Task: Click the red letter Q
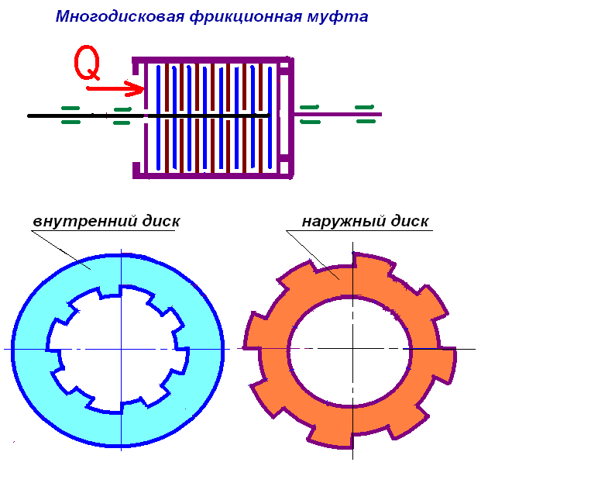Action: (88, 64)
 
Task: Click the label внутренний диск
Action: (106, 221)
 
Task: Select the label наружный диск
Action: (365, 222)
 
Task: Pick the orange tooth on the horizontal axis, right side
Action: (447, 363)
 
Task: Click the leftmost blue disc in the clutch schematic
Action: (159, 116)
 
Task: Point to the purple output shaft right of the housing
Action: (341, 116)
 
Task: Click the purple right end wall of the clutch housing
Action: (290, 116)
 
